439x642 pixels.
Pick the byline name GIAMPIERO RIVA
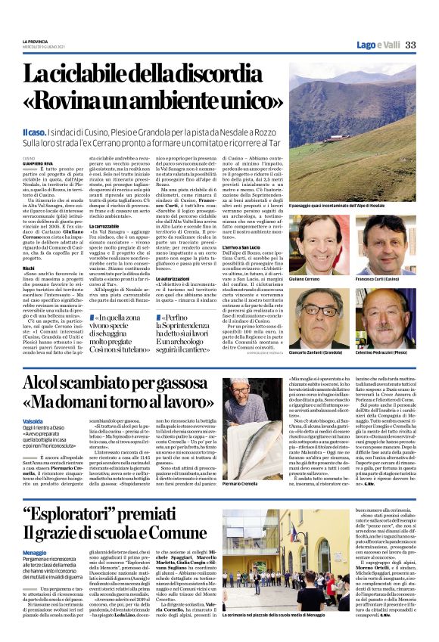click(38, 161)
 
